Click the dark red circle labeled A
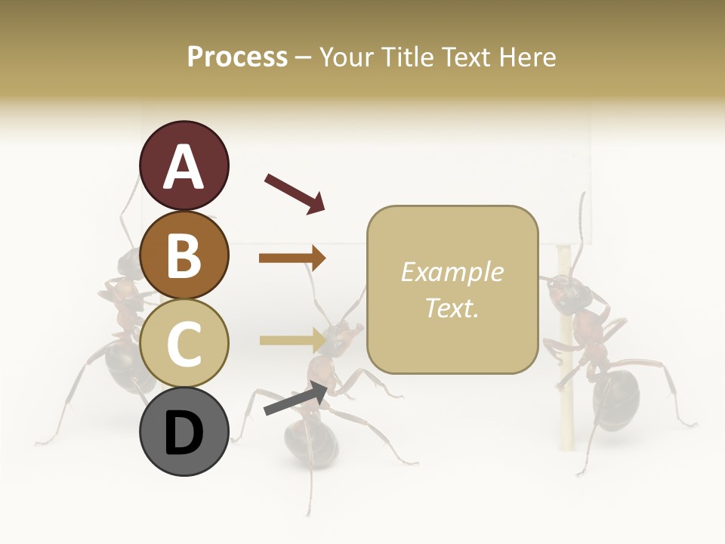(x=184, y=165)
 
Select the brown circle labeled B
(x=184, y=255)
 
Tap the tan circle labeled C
(x=184, y=342)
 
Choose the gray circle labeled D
(x=184, y=431)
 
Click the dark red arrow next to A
(x=294, y=193)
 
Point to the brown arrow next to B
(x=292, y=258)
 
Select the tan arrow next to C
(x=292, y=340)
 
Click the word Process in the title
(x=237, y=57)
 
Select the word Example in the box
(x=452, y=272)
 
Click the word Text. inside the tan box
(x=452, y=308)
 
